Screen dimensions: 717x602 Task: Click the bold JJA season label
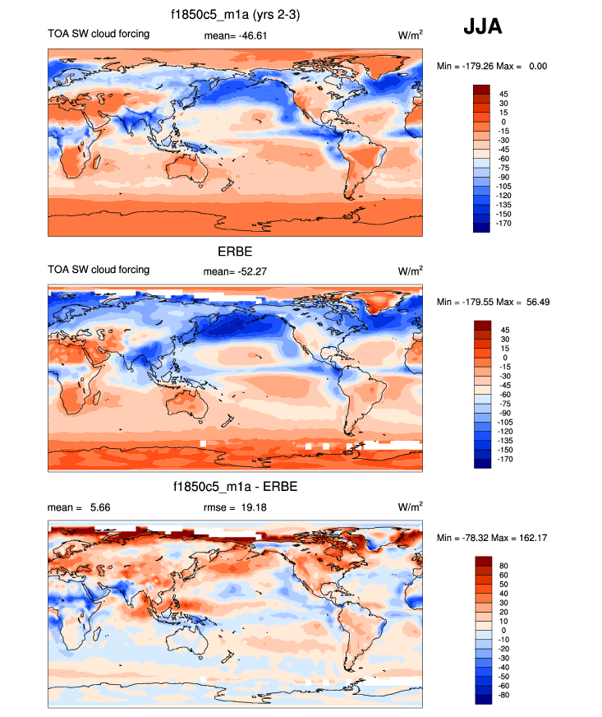point(483,27)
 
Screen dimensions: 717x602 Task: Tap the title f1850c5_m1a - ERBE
point(235,487)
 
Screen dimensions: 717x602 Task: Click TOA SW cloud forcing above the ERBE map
point(99,269)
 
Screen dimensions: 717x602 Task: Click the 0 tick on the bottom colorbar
point(502,630)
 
